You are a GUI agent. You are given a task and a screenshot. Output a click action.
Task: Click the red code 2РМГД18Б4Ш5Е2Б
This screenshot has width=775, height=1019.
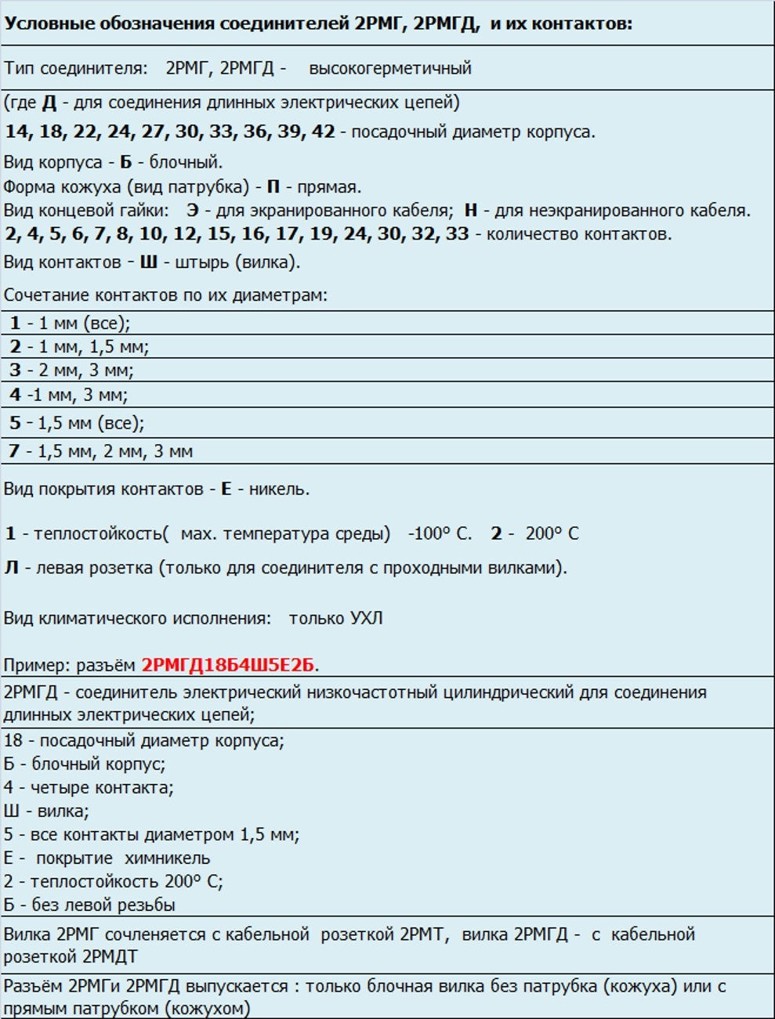[x=228, y=666]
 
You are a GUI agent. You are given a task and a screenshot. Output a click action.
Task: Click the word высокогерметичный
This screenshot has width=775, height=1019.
[x=390, y=68]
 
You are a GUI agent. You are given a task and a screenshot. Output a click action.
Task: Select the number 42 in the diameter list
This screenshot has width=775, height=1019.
[x=323, y=132]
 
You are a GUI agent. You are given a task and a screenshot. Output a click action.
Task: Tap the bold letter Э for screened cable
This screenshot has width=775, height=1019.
[x=193, y=211]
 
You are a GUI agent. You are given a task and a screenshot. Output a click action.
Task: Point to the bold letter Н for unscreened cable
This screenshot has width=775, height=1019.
[x=470, y=211]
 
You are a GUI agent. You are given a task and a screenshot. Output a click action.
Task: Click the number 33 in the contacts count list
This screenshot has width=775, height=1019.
[x=457, y=234]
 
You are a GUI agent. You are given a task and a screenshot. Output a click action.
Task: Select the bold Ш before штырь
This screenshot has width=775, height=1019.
[x=149, y=262]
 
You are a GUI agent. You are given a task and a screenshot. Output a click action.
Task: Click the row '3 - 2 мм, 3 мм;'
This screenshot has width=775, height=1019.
[x=71, y=370]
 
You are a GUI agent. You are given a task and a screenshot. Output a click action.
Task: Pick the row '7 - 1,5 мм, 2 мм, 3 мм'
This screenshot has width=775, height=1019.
[x=100, y=451]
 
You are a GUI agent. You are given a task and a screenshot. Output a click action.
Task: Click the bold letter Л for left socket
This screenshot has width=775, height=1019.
[x=11, y=568]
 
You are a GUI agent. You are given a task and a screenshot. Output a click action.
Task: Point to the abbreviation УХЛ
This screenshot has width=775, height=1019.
[x=366, y=618]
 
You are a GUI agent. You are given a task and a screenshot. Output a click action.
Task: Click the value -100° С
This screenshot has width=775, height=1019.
[x=440, y=534]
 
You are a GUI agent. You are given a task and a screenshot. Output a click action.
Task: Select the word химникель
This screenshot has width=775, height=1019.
[x=167, y=858]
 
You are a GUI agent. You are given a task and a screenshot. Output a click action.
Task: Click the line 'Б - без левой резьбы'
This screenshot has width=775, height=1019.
[x=89, y=905]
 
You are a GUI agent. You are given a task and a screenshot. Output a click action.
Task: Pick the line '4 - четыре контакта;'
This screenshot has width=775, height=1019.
[x=89, y=788]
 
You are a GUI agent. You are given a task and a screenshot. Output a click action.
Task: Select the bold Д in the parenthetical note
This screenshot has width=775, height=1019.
[x=49, y=103]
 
